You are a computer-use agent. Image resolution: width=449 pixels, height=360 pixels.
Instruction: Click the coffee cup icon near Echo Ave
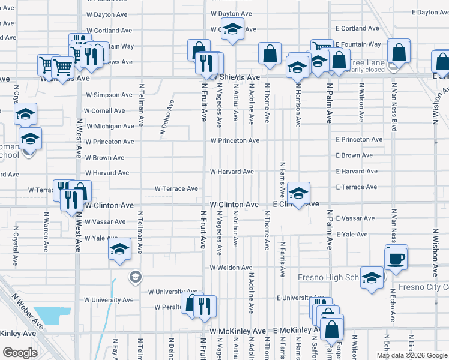coord(396,259)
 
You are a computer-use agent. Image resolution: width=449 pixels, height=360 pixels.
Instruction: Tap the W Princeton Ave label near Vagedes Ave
coord(234,140)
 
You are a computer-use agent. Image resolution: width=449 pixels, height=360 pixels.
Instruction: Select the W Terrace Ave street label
coord(176,188)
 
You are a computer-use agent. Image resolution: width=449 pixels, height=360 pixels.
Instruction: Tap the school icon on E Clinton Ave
coord(298,193)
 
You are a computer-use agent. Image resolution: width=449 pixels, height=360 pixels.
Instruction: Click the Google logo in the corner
coord(20,353)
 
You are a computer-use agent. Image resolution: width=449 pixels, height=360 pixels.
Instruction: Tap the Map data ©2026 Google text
coord(412,355)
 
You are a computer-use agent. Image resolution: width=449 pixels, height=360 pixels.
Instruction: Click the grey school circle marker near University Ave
coord(135,277)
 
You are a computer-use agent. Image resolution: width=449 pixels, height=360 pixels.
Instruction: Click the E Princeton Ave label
coord(358,139)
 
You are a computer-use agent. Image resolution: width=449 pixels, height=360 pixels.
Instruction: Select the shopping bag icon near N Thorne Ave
coord(270,53)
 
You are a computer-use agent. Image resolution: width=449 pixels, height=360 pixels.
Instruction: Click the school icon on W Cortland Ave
coord(232,28)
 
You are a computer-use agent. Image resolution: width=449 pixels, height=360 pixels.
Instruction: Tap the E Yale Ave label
coord(352,234)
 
